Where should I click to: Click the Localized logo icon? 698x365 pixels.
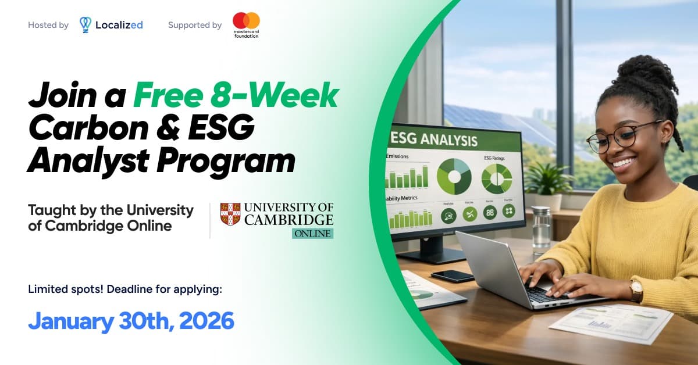coord(86,24)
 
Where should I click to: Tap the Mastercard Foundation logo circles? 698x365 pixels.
coord(246,20)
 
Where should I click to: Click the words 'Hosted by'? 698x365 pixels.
coord(48,25)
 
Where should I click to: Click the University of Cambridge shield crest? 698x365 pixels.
coord(230,214)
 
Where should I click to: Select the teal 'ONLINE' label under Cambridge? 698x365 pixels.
coord(312,234)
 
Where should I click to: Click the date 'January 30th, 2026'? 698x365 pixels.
coord(131,320)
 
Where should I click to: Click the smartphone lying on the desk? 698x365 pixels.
coord(452,276)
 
